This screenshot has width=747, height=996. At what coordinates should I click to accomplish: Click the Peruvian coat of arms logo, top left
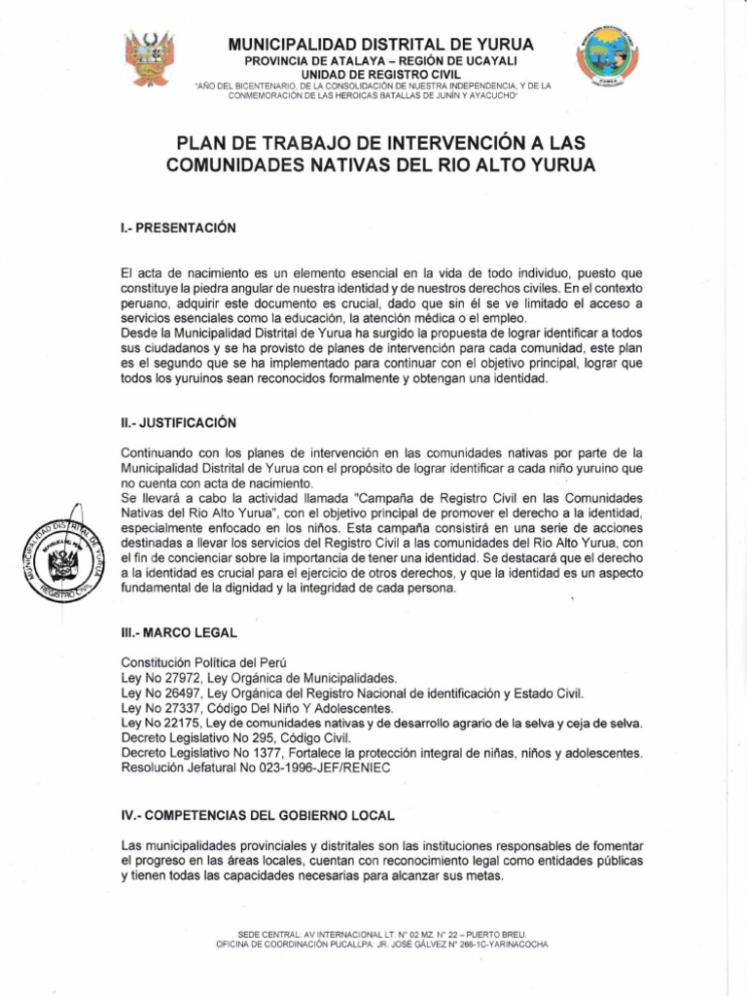coord(149,58)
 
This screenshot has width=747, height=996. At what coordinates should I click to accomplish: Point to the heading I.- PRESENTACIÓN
coord(178,229)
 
